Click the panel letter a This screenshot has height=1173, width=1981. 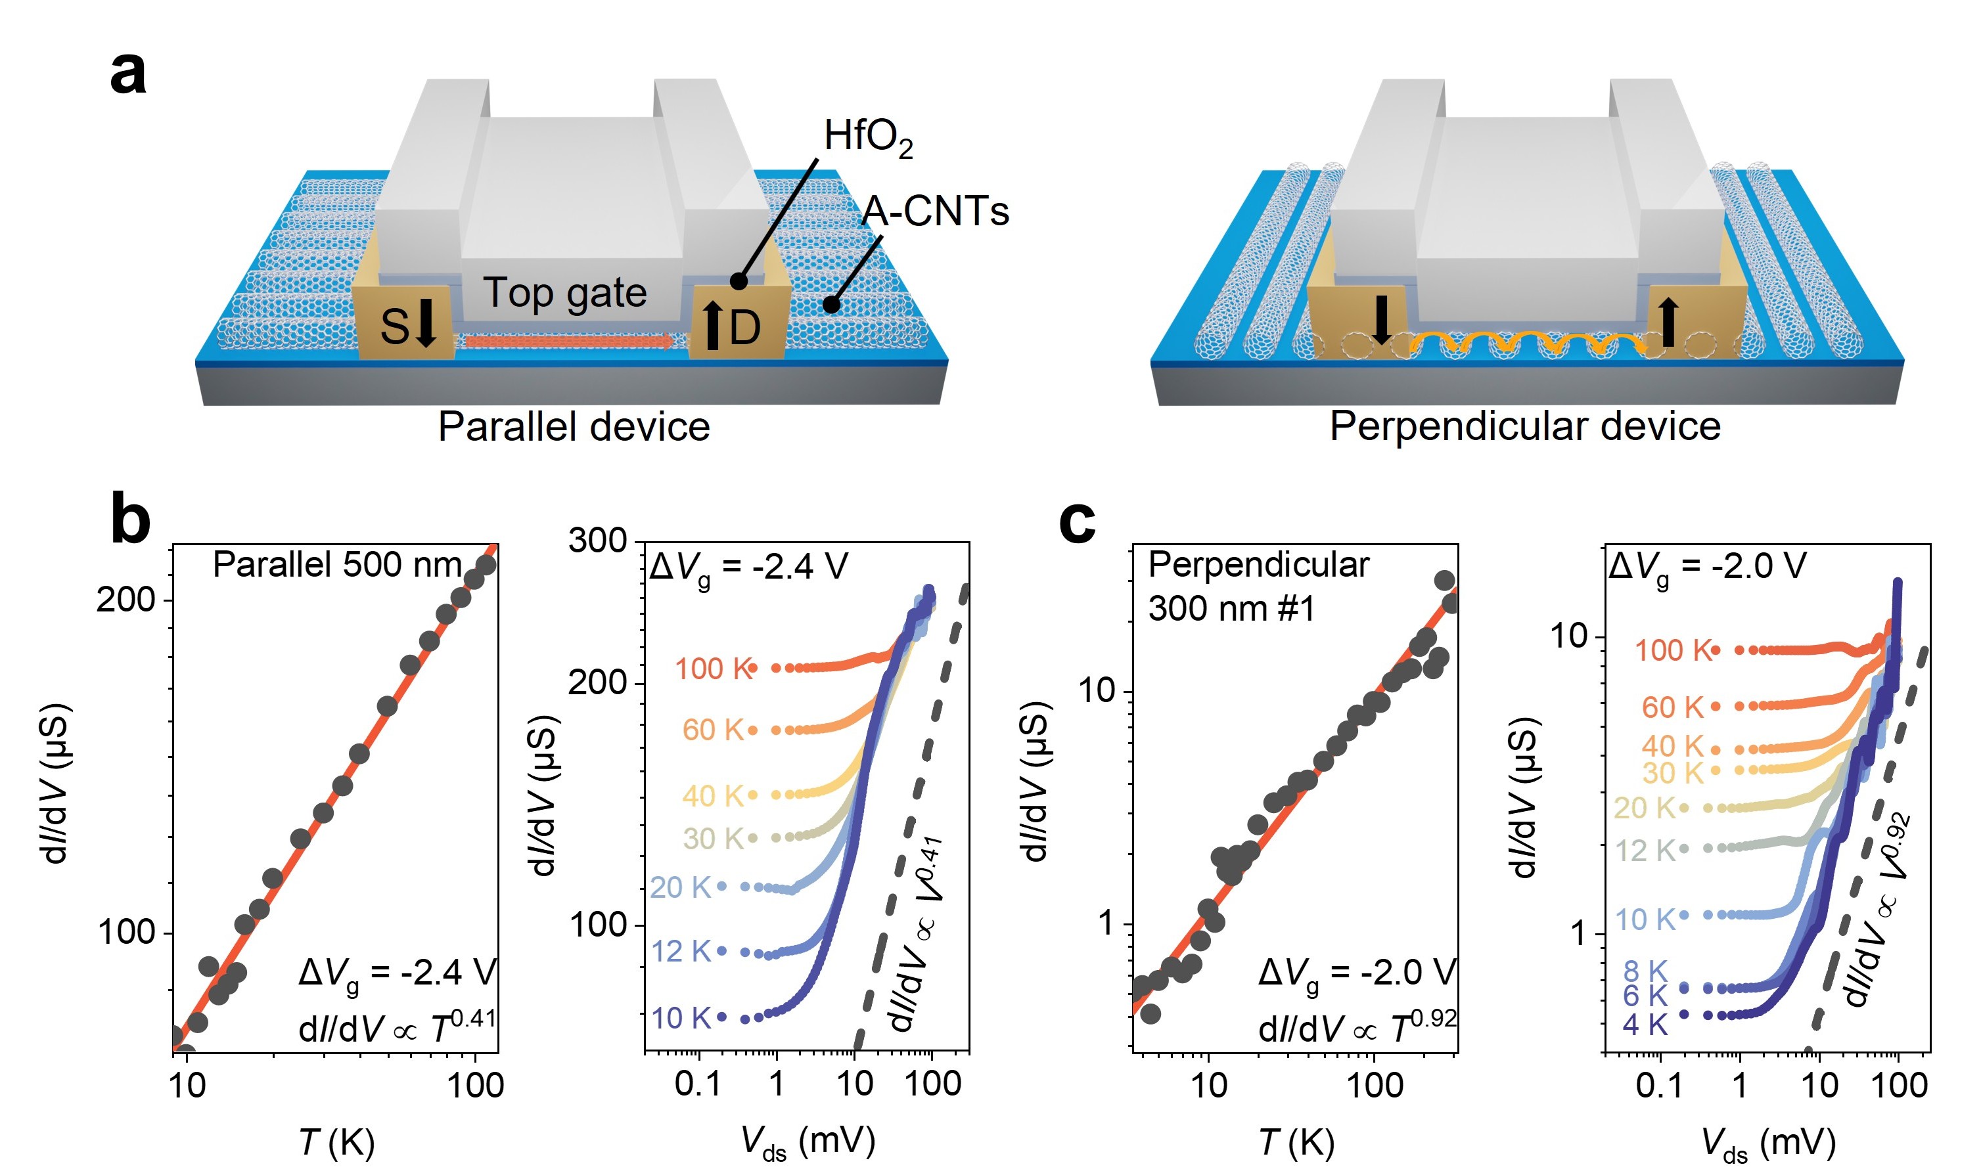[x=128, y=73]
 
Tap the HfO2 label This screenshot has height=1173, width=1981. [x=867, y=137]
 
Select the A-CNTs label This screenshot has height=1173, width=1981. [x=934, y=212]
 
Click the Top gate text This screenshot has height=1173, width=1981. [x=564, y=293]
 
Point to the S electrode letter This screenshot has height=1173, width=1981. [x=394, y=327]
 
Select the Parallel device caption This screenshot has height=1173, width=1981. [x=574, y=427]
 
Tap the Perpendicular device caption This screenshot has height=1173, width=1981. [x=1525, y=427]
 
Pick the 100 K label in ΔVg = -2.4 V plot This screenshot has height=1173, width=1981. [x=712, y=669]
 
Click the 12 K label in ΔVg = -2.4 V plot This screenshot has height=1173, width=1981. [x=681, y=952]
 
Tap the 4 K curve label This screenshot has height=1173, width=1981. [x=1645, y=1025]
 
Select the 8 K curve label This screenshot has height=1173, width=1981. [x=1645, y=971]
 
